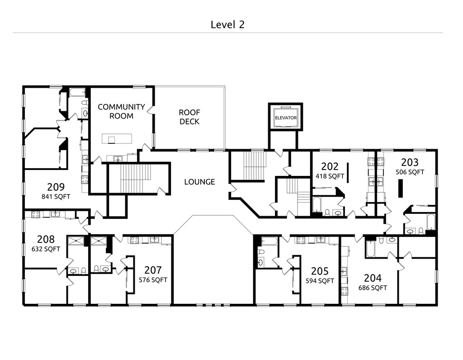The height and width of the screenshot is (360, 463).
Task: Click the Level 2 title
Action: point(227,24)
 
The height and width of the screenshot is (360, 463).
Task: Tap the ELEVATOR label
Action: point(286,118)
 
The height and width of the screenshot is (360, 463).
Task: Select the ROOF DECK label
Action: point(189,117)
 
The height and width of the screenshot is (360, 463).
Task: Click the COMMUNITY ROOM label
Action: point(121,111)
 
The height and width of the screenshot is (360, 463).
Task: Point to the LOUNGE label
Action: point(199,182)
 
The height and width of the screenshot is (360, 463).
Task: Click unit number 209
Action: point(56,187)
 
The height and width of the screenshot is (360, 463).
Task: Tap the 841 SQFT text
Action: point(56,197)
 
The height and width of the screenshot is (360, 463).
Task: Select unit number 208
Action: point(46,239)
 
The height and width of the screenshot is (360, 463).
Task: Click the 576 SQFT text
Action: point(153,279)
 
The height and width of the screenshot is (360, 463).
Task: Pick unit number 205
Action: point(320,271)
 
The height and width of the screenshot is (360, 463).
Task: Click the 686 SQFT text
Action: point(373,288)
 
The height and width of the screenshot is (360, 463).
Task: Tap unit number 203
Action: point(410,162)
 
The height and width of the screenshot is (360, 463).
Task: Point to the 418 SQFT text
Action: point(330,176)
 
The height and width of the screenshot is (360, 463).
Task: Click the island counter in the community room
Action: point(117,138)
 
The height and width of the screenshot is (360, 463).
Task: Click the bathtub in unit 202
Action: point(317,205)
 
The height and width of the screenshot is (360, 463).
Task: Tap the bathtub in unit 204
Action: point(370,249)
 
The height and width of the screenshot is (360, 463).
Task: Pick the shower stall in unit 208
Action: point(76,241)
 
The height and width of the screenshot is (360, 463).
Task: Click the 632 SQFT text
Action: point(46,249)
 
